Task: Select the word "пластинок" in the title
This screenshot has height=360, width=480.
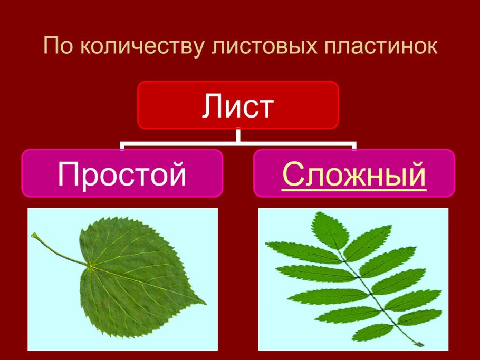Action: (383, 46)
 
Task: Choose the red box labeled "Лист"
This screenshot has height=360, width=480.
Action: (237, 105)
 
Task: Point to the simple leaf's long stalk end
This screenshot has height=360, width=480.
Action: (34, 236)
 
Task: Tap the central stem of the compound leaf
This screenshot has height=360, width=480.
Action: (369, 287)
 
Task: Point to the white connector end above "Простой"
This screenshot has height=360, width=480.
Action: (122, 145)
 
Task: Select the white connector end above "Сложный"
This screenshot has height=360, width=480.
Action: (354, 145)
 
